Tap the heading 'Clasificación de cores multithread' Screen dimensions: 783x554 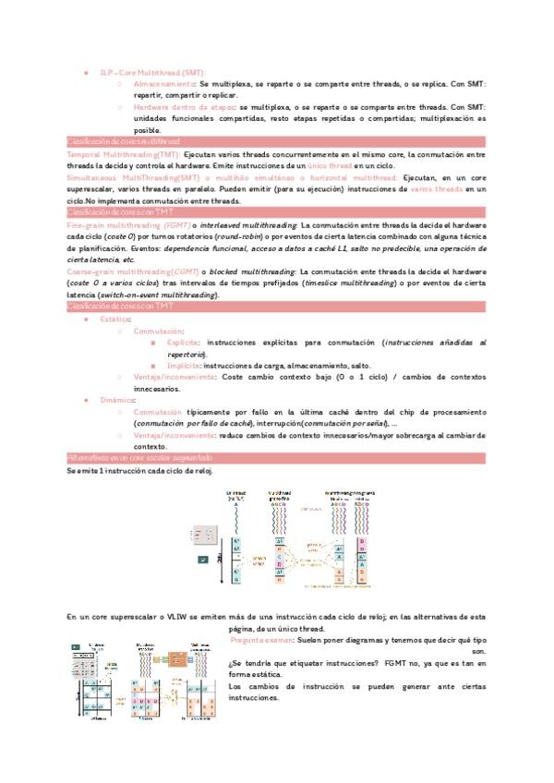[x=123, y=141]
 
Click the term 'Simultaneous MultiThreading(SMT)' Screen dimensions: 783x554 [x=133, y=176]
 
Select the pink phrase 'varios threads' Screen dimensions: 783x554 [x=437, y=188]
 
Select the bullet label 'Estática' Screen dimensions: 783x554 [x=115, y=319]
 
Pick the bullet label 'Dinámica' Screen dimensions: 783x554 [x=117, y=400]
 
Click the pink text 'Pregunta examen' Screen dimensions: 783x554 [x=261, y=639]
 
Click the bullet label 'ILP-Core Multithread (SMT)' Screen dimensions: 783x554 [x=152, y=71]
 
